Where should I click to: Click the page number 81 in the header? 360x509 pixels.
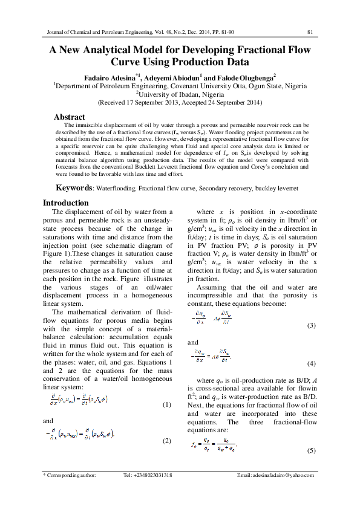(x=309, y=31)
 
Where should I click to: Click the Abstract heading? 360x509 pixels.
(x=70, y=117)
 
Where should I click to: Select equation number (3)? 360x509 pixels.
(x=312, y=325)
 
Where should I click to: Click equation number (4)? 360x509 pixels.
(x=312, y=364)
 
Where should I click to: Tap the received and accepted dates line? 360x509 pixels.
(x=180, y=103)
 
